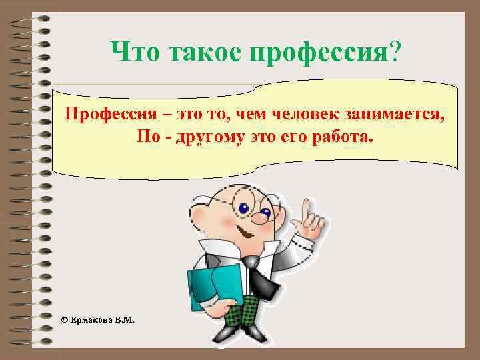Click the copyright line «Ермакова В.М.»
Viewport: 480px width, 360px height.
point(101,320)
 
